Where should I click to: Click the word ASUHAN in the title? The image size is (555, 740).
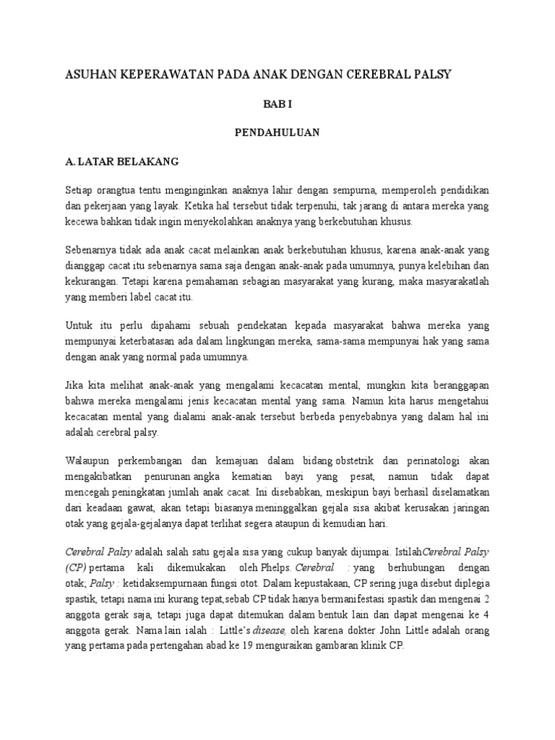coord(88,74)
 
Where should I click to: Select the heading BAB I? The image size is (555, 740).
coord(277,104)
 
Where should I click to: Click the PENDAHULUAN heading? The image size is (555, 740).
coord(277,132)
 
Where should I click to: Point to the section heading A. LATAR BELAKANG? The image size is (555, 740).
coord(116,161)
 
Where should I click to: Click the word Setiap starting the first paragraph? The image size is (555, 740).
coord(79,190)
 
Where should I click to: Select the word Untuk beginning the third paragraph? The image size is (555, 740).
coord(78,326)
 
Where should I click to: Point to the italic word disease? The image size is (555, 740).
coord(270,631)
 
